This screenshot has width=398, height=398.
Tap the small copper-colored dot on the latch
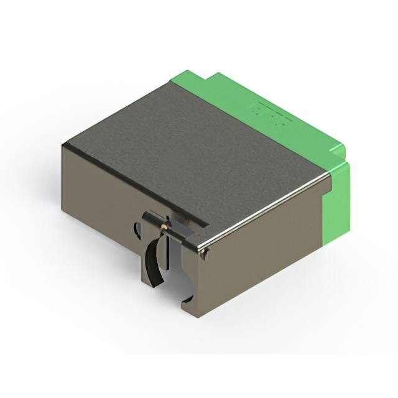(x=164, y=227)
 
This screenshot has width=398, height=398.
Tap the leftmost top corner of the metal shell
(x=63, y=145)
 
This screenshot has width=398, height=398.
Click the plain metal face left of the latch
(x=99, y=193)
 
